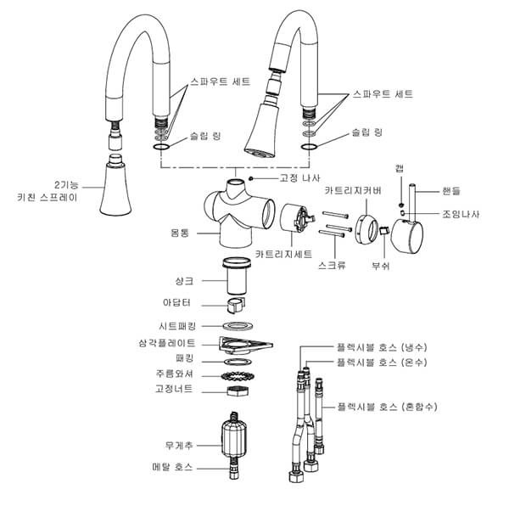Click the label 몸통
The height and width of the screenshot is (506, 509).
coord(180,233)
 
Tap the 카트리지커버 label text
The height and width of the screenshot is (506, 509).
coord(353,191)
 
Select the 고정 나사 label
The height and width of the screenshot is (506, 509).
coord(299,178)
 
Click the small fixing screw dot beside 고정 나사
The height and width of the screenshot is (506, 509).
coord(250,178)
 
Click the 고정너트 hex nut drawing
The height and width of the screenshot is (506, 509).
coord(238,391)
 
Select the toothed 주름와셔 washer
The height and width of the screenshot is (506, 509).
coord(238,376)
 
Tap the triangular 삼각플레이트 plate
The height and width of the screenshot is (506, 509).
coord(245,345)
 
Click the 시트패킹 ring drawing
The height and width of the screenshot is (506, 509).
coord(238,326)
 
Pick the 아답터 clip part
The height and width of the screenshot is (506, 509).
coord(236,305)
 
